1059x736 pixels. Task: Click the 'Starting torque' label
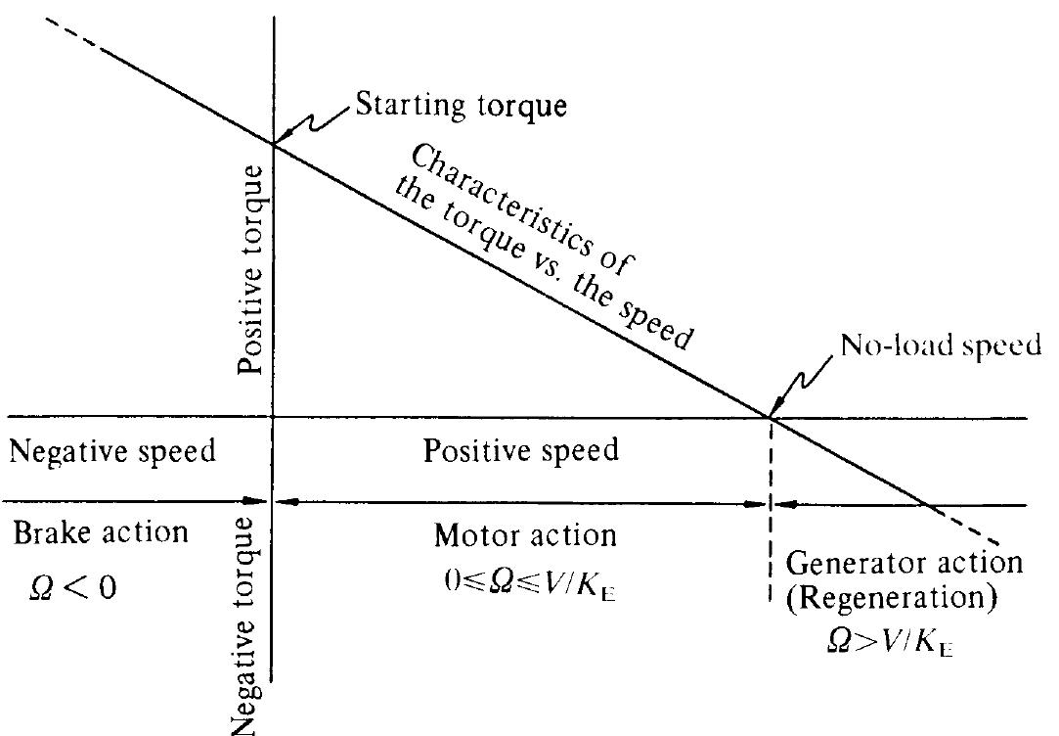click(461, 105)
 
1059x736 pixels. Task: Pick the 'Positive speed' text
click(521, 450)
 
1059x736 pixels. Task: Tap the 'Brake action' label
click(101, 533)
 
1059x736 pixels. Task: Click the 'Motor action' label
click(525, 535)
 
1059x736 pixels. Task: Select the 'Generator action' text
click(905, 564)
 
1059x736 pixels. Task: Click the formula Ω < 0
click(74, 589)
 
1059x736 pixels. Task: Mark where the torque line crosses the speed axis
click(772, 418)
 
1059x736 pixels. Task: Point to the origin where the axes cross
click(272, 418)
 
